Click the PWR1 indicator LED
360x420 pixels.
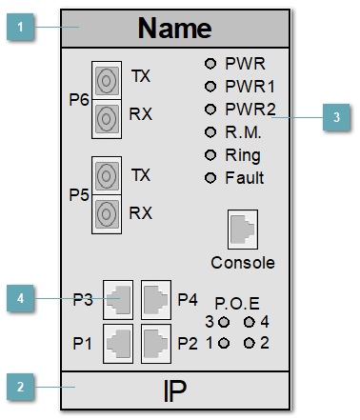tap(211, 87)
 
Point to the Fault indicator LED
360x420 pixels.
tap(211, 178)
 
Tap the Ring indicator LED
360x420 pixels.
tap(211, 155)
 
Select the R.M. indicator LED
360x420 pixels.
tap(211, 132)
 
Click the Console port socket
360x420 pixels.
tap(242, 230)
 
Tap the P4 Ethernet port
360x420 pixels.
tap(155, 299)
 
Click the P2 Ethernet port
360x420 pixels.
tap(155, 341)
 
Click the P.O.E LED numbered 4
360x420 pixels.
tap(250, 322)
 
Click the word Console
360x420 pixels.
tap(242, 262)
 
